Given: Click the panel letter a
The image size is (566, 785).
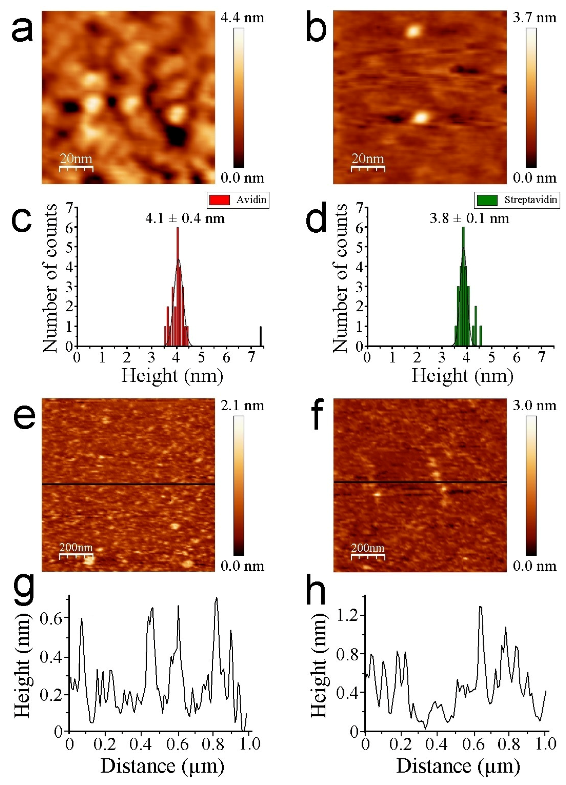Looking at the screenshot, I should tap(22, 29).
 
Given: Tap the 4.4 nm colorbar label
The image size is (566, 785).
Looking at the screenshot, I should tap(242, 17).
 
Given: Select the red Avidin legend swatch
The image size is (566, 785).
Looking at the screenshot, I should tap(219, 200).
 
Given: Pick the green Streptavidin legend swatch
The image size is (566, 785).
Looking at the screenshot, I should tap(487, 200).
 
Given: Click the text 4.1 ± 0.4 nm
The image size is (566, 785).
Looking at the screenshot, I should tap(185, 218).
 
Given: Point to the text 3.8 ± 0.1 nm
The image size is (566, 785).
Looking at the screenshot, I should tap(469, 218).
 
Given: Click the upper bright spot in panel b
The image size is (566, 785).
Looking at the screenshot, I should tap(413, 32).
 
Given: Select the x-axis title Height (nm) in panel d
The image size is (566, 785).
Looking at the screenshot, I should tap(462, 375).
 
